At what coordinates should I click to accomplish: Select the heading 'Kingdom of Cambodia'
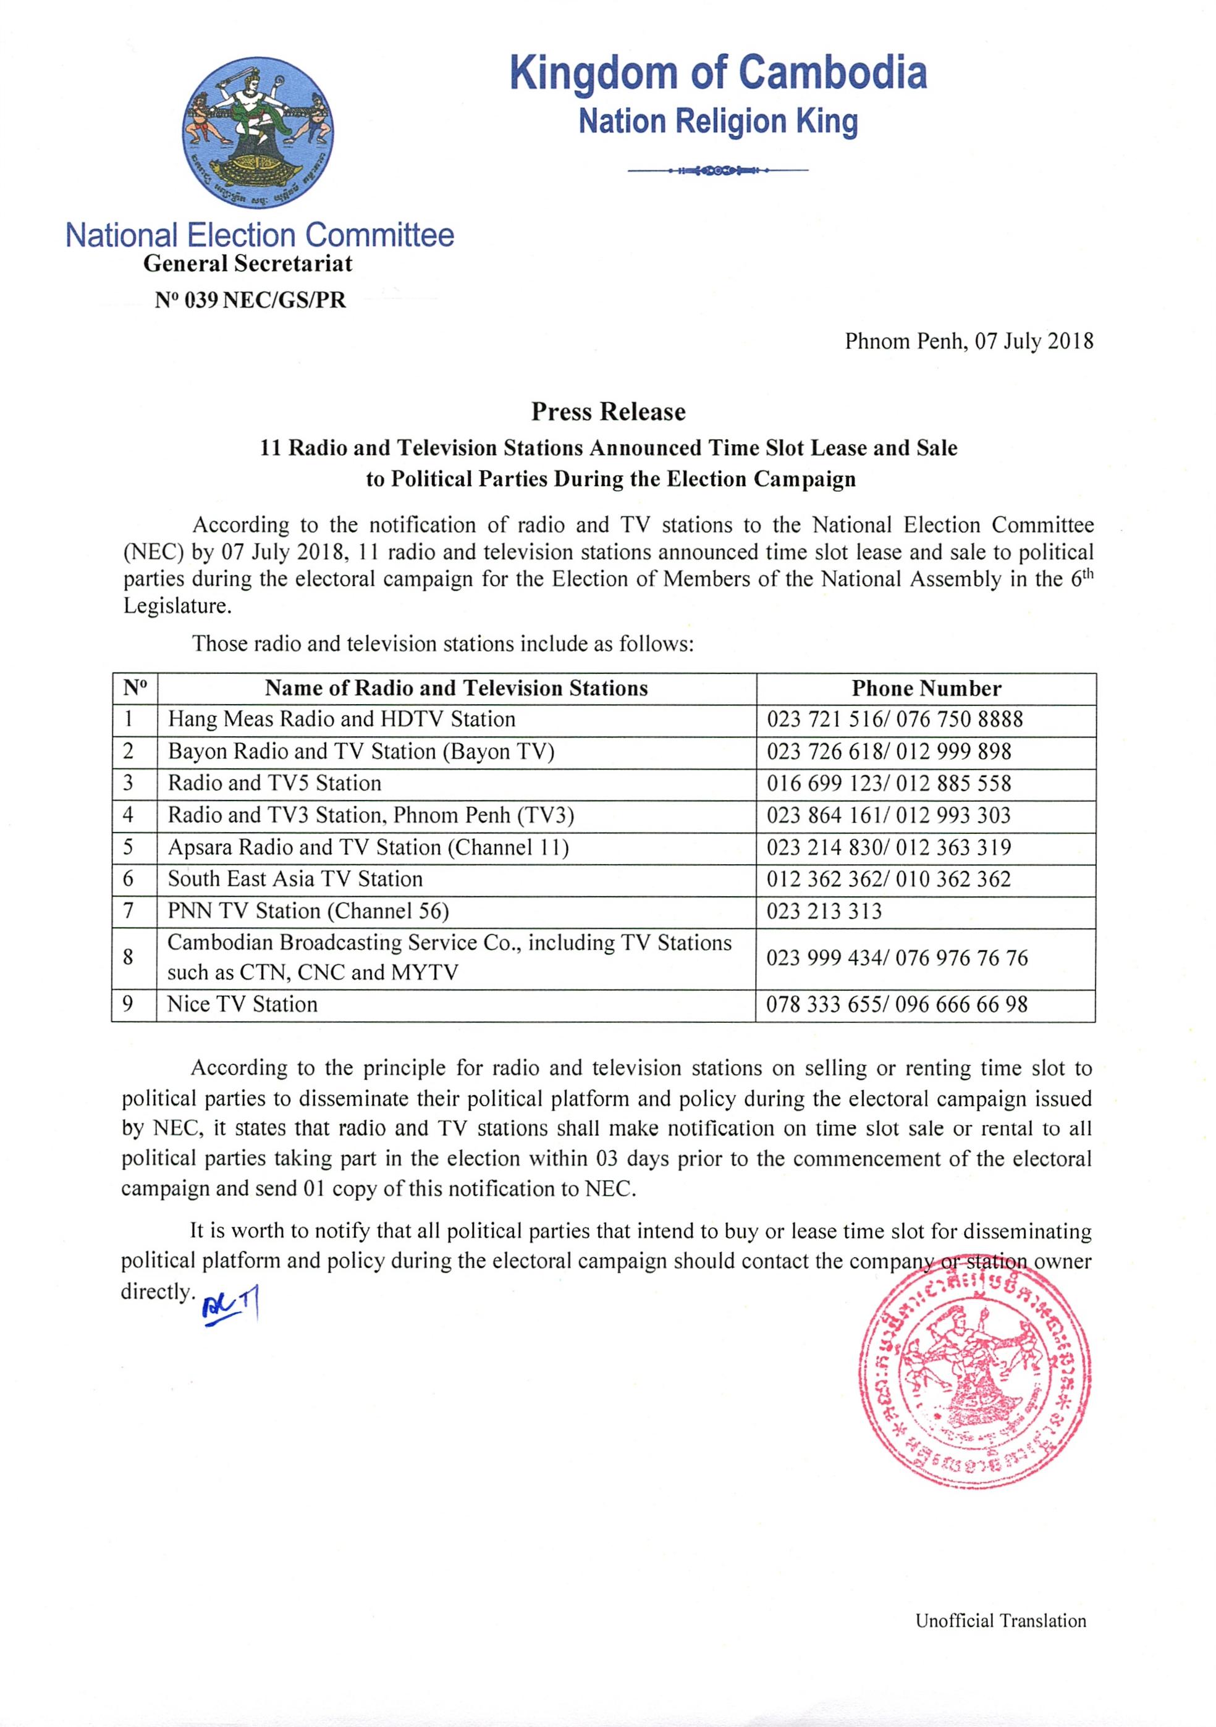tap(718, 73)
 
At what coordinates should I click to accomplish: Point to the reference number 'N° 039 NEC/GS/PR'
tap(251, 300)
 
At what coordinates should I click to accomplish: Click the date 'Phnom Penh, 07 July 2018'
tap(968, 342)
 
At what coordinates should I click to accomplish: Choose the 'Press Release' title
tap(608, 411)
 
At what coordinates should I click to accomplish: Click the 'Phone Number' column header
tap(926, 688)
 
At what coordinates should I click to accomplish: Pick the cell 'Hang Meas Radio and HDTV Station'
tap(342, 719)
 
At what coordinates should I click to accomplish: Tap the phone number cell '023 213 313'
tap(824, 911)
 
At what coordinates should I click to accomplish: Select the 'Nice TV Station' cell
tap(242, 1004)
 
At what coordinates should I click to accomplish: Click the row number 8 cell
tap(129, 957)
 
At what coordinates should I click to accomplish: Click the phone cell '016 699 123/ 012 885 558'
tap(889, 783)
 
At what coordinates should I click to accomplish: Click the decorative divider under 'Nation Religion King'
tap(717, 170)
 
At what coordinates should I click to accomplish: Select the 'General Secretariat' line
tap(248, 264)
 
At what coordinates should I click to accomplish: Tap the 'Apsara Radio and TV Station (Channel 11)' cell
tap(368, 847)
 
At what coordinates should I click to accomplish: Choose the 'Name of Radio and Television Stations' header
tap(456, 688)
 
